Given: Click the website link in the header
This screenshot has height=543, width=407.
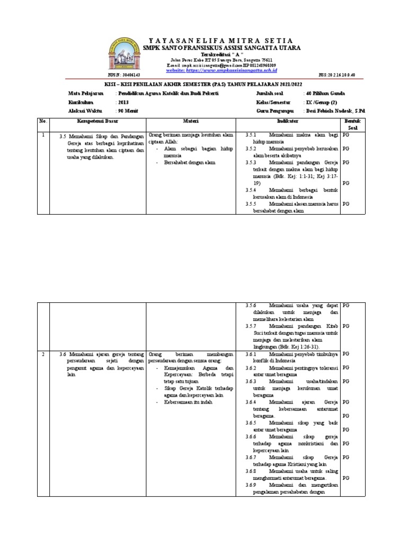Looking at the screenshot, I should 222,70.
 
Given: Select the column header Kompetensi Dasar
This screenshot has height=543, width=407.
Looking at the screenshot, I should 97,121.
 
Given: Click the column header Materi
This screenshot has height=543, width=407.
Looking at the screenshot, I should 190,121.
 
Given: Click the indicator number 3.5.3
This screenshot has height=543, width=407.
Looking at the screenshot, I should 251,163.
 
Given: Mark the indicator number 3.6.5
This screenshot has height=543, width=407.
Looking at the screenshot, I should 251,423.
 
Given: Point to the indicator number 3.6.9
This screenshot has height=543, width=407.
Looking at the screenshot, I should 251,485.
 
